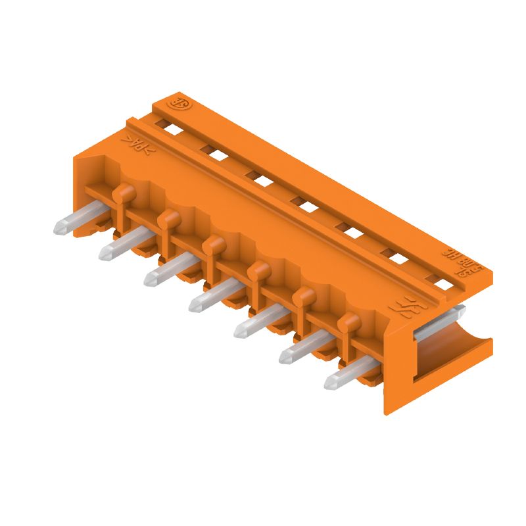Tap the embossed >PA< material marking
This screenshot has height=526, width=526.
[x=138, y=143]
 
